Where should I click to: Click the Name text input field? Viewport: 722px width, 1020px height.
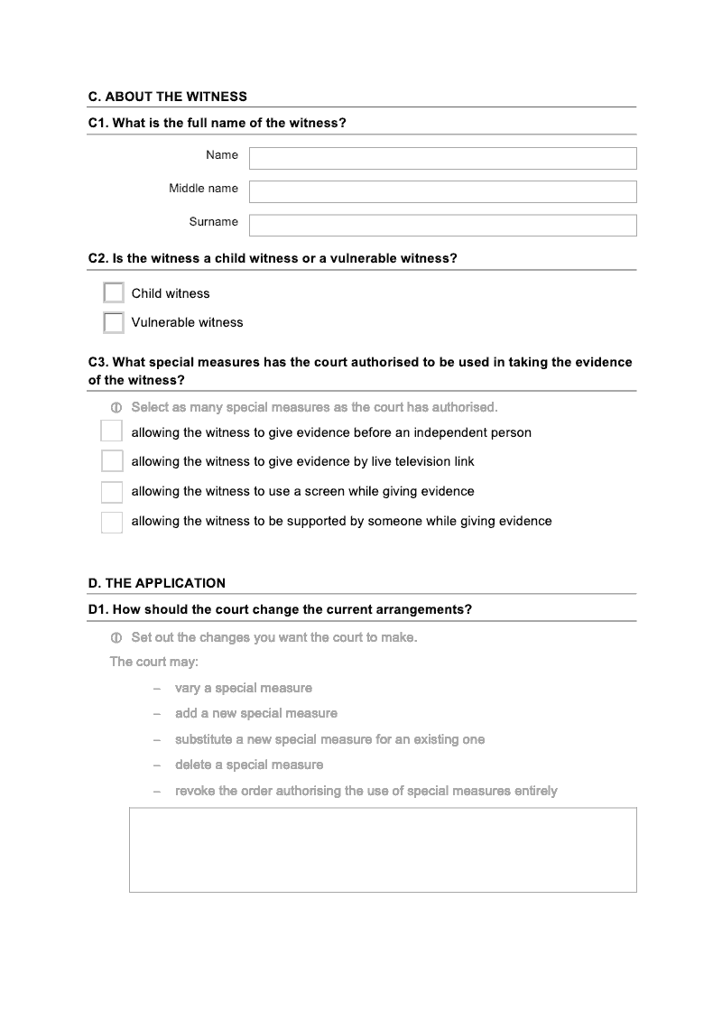[442, 159]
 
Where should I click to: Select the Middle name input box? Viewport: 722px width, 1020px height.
[442, 191]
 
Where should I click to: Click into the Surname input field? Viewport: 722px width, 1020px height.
[442, 225]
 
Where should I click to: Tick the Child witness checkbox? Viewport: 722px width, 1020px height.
[114, 293]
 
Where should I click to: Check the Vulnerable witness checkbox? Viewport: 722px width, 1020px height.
[114, 322]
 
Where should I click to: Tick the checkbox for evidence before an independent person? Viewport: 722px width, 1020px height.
[112, 431]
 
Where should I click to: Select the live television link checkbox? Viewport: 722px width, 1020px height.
[112, 461]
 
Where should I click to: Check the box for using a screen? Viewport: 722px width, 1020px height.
[112, 492]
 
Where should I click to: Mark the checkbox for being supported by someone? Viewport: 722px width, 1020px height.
[112, 522]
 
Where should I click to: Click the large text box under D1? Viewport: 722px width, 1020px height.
[383, 849]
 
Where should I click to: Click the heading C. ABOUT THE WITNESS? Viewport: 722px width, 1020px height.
[168, 97]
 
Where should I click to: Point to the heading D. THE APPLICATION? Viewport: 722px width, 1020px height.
[157, 583]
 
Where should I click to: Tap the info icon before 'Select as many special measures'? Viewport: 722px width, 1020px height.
[116, 408]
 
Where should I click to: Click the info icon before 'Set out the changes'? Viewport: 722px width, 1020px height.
[116, 638]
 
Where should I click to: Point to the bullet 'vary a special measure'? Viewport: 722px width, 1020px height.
[244, 688]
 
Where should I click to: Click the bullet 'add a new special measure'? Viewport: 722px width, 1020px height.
[256, 713]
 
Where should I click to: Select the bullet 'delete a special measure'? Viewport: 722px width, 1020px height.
[249, 765]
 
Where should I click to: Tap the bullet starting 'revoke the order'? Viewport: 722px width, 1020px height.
[366, 791]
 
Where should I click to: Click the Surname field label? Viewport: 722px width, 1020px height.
[214, 222]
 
